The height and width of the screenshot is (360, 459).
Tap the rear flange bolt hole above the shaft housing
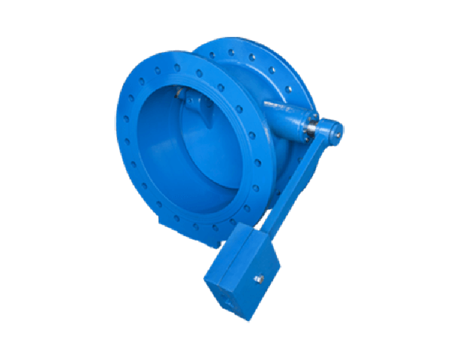pos(270,70)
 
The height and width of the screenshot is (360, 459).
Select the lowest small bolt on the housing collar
pos(308,138)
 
